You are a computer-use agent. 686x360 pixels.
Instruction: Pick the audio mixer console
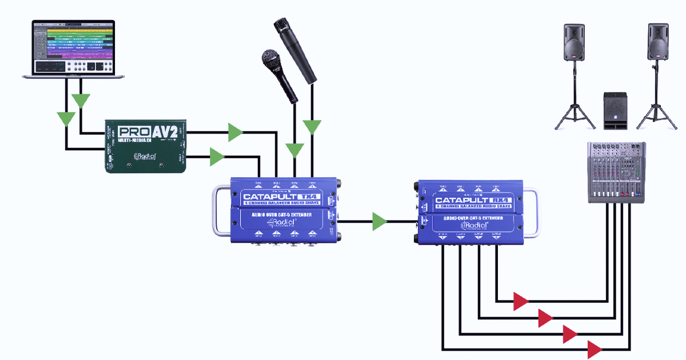click(617, 171)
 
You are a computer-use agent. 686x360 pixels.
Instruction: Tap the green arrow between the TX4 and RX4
click(380, 222)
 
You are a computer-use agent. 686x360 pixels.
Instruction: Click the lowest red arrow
click(595, 349)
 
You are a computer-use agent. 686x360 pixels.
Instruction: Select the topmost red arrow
click(521, 301)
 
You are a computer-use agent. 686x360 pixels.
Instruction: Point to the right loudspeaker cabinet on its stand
click(658, 42)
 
